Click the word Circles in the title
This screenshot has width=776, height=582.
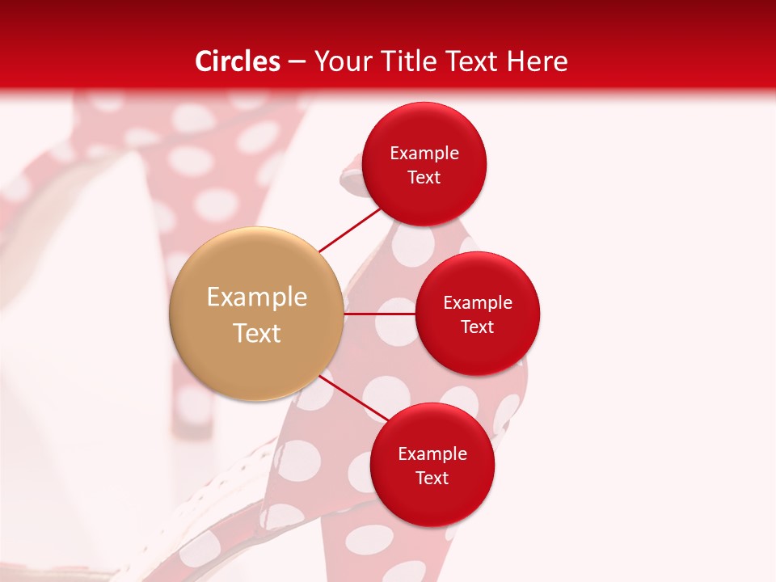click(238, 61)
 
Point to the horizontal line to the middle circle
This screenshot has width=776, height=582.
click(380, 314)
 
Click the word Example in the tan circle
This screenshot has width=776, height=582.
click(256, 297)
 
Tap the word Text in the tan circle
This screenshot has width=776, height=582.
click(256, 333)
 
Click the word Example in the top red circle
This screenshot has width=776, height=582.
click(424, 153)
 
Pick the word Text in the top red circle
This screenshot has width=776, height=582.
click(424, 177)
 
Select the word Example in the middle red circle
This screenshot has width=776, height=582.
click(478, 302)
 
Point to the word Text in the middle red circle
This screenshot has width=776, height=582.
click(478, 327)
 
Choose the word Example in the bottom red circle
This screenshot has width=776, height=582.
click(432, 453)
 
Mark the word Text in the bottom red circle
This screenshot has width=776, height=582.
click(432, 478)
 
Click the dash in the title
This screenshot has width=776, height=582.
click(297, 62)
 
